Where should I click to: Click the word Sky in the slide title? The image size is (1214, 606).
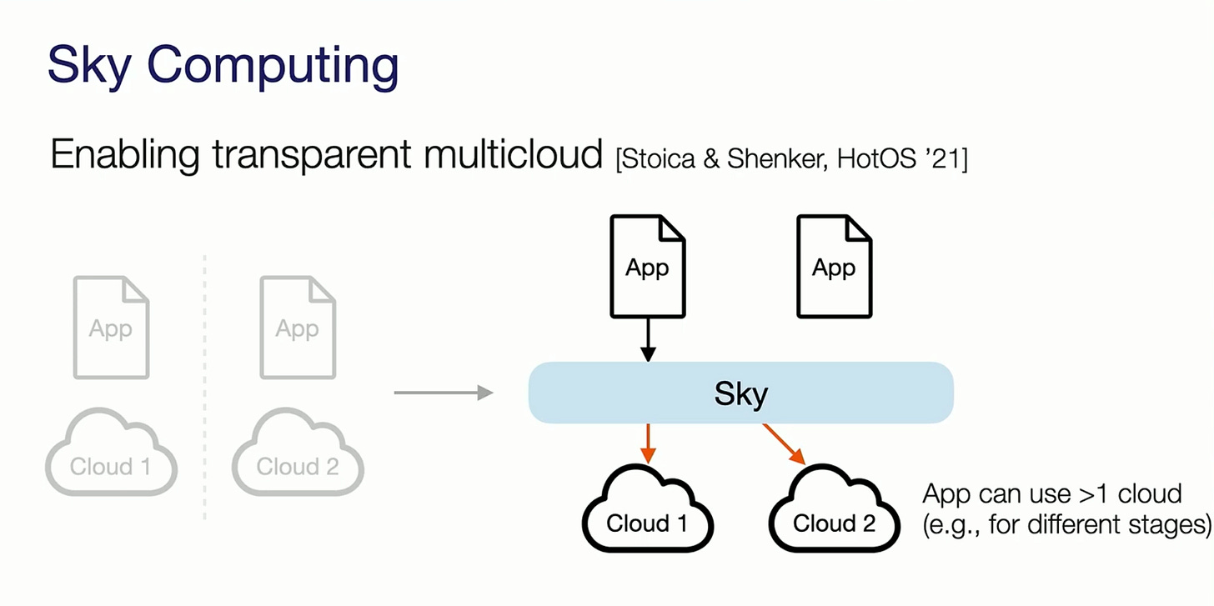pos(88,65)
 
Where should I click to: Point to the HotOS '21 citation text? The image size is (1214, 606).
pos(901,158)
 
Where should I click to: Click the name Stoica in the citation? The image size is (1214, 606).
pos(662,158)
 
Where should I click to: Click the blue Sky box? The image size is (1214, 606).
pos(740,393)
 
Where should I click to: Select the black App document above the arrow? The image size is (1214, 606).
pos(648,267)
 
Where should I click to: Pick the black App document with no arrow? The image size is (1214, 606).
pos(834,267)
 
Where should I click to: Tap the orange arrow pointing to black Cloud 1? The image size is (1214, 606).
pos(648,443)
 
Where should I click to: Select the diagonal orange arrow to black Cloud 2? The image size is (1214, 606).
pos(784,444)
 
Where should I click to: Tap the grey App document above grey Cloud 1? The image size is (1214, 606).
pos(111,328)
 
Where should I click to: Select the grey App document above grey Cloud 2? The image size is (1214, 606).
pos(298,328)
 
